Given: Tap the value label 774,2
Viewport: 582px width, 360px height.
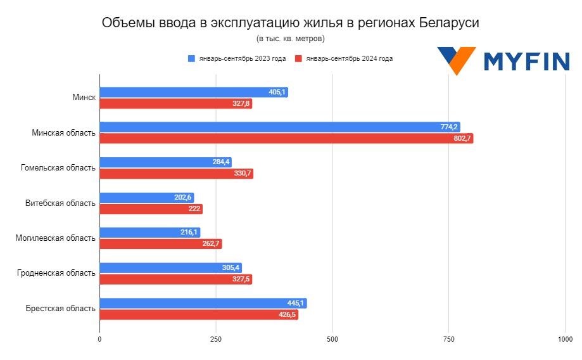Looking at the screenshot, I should point(449,127).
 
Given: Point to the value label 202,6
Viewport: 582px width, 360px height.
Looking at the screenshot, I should point(183,198).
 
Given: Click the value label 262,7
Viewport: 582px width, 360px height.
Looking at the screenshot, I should point(211,244).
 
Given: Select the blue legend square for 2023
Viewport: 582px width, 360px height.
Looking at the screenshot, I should point(191,58).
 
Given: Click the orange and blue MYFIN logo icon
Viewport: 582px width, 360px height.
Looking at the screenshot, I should point(456,60).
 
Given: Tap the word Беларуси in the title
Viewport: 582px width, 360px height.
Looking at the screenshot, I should point(449,23).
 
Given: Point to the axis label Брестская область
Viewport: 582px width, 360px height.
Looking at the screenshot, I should point(61,309).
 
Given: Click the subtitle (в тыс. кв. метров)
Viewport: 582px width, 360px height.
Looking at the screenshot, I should point(291,39).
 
